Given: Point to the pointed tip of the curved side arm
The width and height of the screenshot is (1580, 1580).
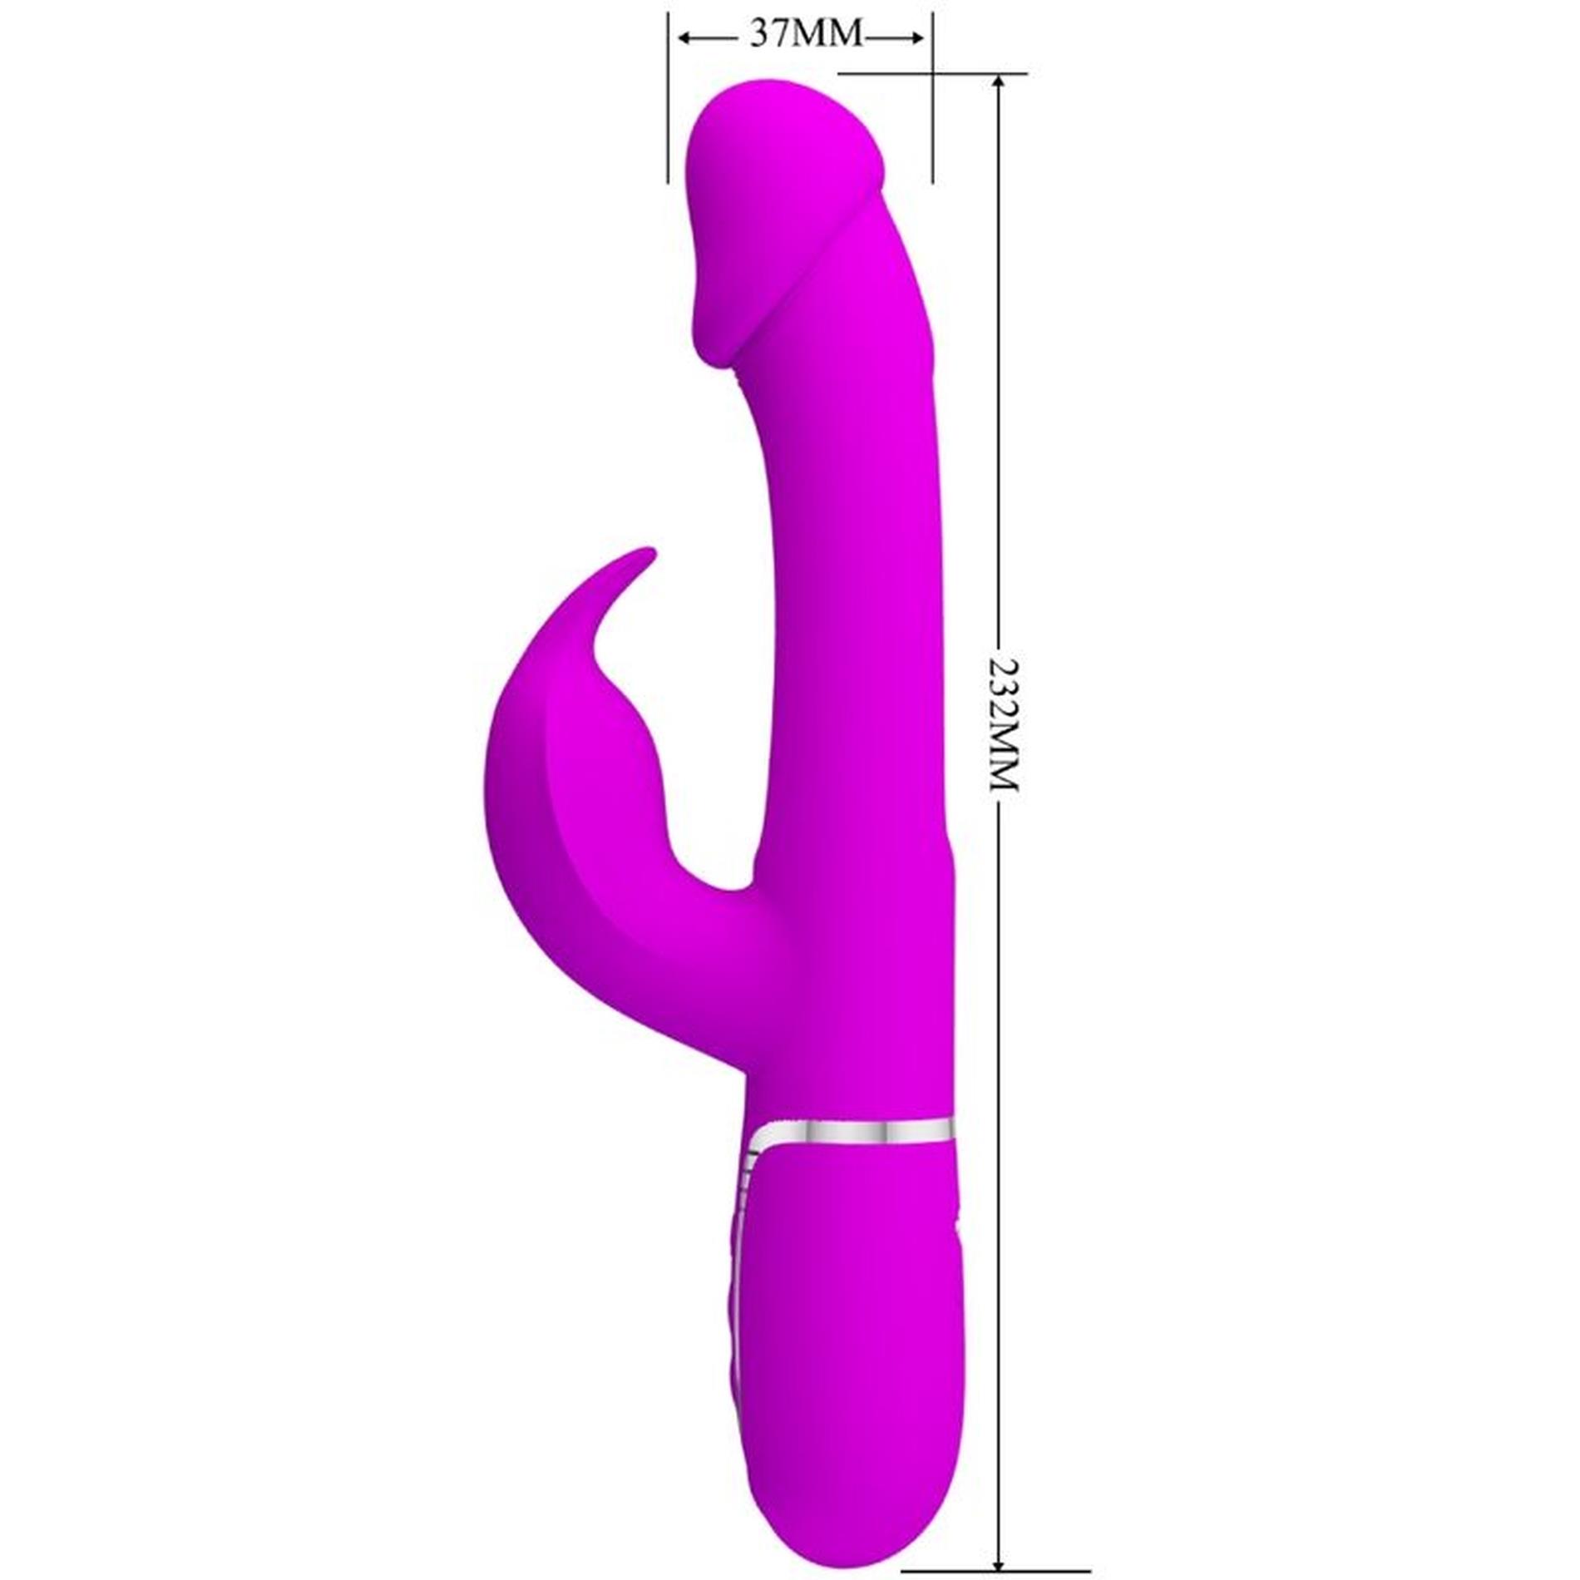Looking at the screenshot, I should pos(649,550).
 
